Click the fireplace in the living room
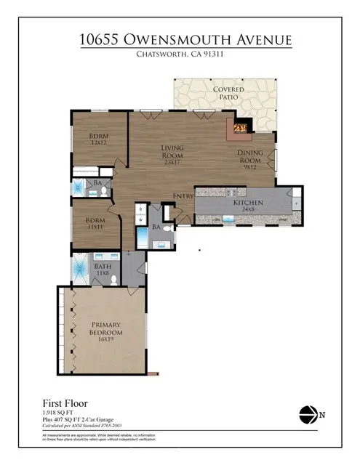241,129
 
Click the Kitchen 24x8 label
243,206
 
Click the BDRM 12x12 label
98,139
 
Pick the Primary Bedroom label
105,331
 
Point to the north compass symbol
308,414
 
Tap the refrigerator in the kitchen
296,196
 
